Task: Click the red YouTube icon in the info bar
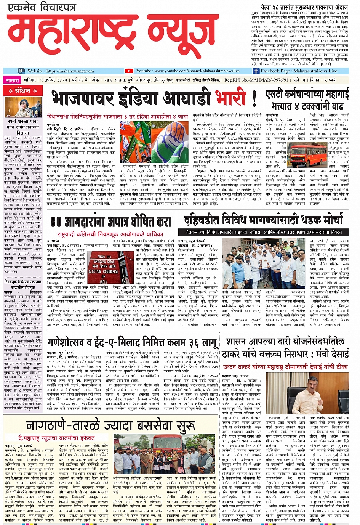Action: click(129, 71)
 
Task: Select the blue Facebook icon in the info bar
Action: click(256, 71)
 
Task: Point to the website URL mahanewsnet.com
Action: click(61, 71)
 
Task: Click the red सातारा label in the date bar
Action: click(13, 80)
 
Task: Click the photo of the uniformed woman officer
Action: click(23, 108)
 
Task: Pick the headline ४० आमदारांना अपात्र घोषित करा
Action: click(111, 222)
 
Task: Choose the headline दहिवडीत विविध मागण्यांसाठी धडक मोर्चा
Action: click(263, 220)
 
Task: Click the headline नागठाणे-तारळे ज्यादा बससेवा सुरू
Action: click(110, 425)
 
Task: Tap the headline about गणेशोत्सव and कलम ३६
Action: click(132, 342)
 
